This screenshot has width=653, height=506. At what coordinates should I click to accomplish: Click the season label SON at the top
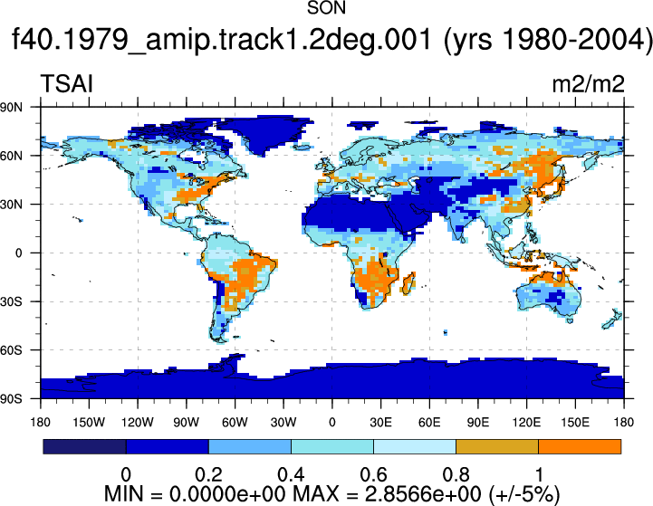[326, 8]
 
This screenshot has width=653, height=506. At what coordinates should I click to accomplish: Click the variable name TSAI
[67, 83]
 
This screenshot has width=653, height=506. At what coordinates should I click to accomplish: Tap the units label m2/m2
[588, 84]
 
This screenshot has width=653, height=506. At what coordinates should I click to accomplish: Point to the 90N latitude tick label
[12, 108]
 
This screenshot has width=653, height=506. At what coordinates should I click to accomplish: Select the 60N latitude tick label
[12, 156]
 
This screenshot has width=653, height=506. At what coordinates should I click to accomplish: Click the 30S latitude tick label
[12, 301]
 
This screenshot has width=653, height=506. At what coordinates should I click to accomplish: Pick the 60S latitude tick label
[12, 350]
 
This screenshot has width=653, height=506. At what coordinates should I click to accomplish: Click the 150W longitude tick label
[89, 423]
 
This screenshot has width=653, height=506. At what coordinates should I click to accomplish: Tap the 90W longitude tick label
[187, 423]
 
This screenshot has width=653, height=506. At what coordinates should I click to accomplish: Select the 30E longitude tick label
[380, 423]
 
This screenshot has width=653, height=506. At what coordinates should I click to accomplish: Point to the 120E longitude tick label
[526, 423]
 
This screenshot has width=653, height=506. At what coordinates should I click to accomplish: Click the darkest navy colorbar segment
[84, 446]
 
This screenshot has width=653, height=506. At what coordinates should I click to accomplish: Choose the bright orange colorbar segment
[580, 446]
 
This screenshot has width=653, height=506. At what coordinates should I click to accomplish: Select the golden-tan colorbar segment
[497, 446]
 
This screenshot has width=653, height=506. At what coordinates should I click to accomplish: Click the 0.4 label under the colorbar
[291, 475]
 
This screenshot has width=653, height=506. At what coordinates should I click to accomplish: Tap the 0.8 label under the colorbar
[456, 475]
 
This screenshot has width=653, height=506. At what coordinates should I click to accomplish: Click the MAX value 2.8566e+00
[423, 494]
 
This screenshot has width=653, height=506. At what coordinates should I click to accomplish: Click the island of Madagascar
[408, 283]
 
